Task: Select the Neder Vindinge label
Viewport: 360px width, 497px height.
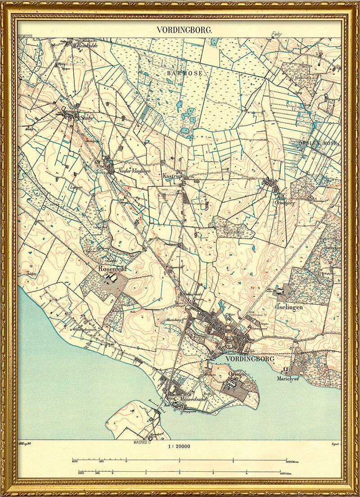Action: (134, 172)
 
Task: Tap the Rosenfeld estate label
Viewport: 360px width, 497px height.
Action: (112, 269)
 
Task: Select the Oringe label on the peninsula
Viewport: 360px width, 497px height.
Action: (237, 374)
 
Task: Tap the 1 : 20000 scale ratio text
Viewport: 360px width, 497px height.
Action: (179, 447)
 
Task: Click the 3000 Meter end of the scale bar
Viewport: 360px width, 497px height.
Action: (292, 461)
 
